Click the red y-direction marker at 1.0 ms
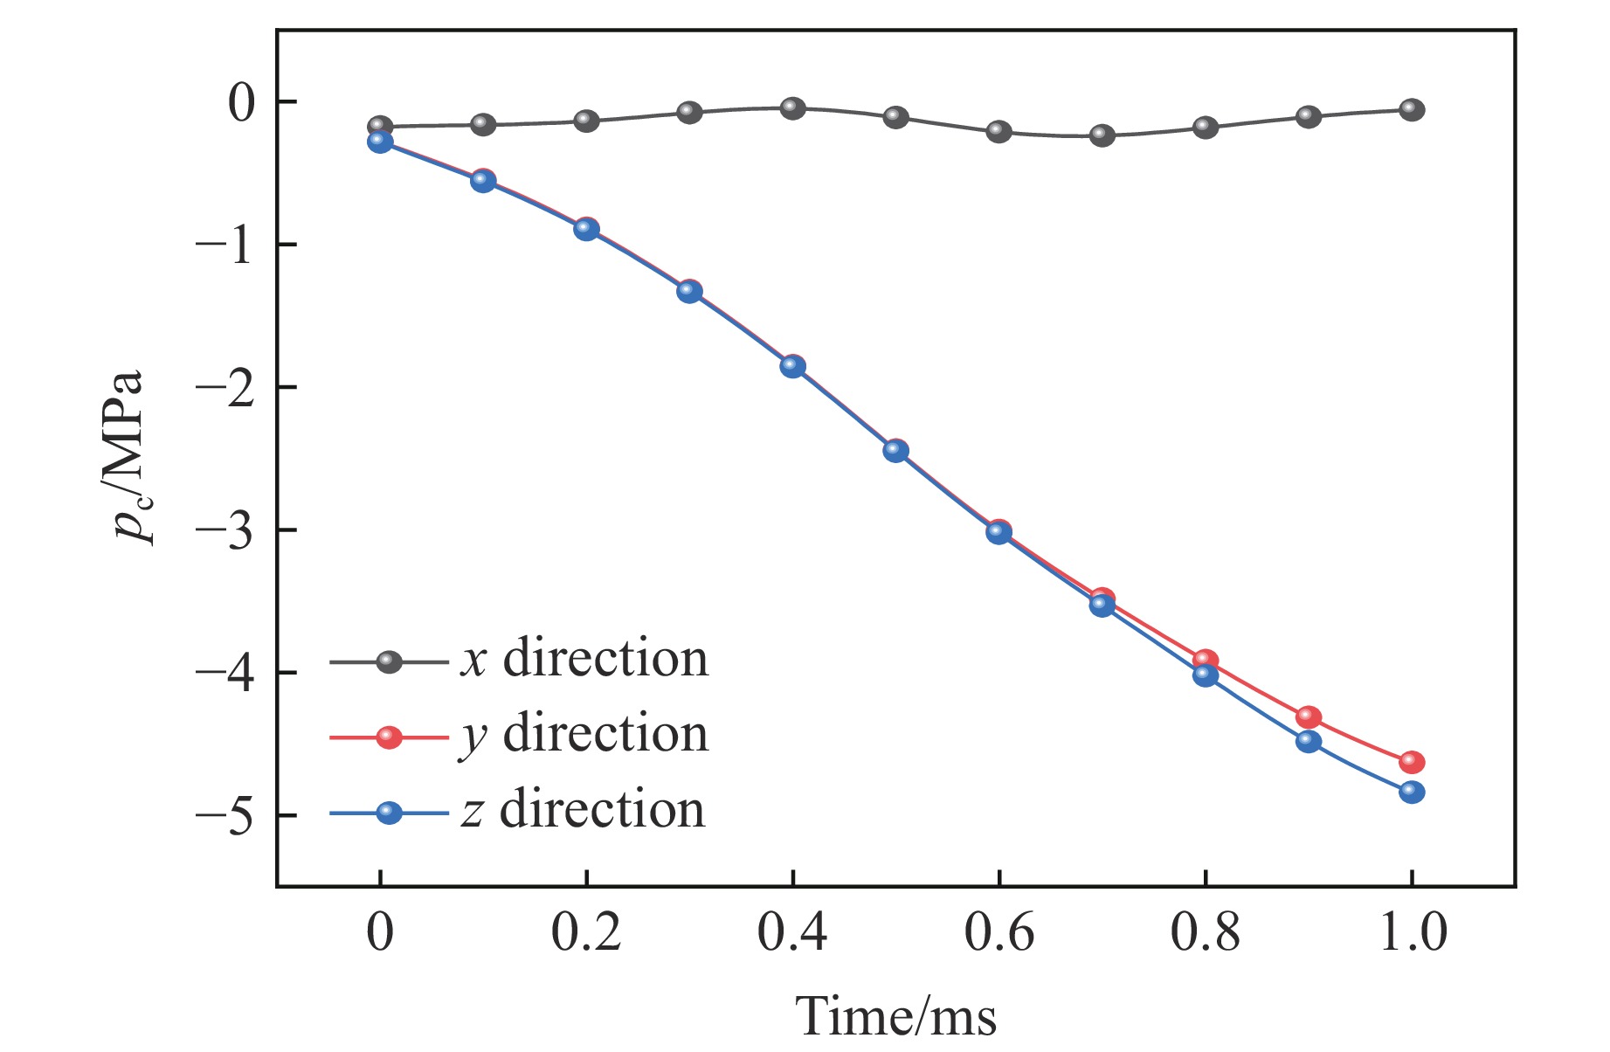coord(1412,762)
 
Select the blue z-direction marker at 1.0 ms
coord(1412,792)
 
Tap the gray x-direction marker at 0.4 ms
coord(792,108)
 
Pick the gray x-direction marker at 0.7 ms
coord(1102,135)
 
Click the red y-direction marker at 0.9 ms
coord(1309,716)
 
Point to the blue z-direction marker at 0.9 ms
coord(1309,741)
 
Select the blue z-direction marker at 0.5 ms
coord(895,451)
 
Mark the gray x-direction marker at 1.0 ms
coord(1412,110)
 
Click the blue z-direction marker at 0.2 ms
coord(586,230)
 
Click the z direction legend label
coord(584,810)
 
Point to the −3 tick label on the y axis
coord(225,530)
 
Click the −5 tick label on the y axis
coord(225,815)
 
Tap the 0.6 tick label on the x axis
coord(998,932)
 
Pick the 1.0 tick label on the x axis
coord(1412,932)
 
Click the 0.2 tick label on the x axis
coord(585,932)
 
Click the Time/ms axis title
coord(895,1017)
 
